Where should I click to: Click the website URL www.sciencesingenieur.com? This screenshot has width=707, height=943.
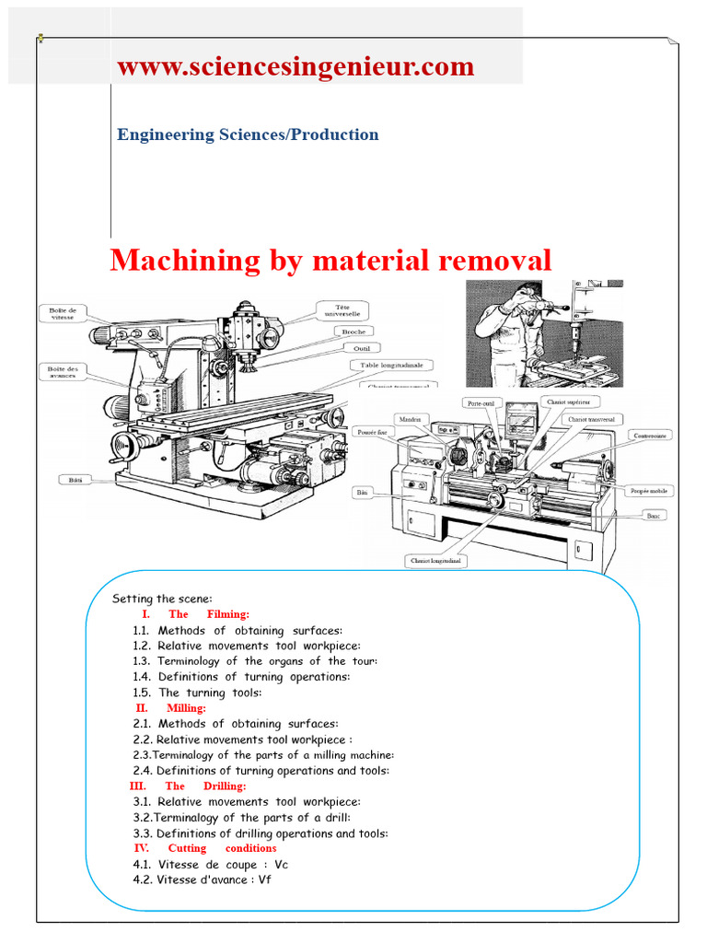[296, 67]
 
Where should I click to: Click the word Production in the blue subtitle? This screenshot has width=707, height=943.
[334, 134]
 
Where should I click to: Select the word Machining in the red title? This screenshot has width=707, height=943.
[172, 261]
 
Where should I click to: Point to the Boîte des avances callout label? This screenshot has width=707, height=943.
[63, 372]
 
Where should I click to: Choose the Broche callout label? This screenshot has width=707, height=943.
[353, 332]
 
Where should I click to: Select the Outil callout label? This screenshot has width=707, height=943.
[361, 348]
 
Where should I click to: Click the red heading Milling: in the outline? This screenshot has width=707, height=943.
[186, 708]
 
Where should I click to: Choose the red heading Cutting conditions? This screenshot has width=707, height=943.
[222, 848]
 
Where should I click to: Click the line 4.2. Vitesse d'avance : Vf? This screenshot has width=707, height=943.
[202, 879]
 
